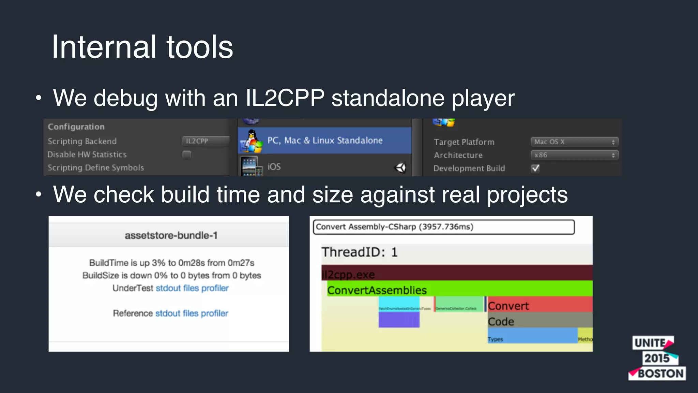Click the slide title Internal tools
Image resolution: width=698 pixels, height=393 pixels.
(x=142, y=47)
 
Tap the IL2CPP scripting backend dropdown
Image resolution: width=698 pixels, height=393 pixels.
(x=206, y=141)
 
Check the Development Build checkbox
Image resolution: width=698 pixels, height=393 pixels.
(x=535, y=168)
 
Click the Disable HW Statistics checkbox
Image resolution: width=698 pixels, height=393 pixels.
(x=187, y=155)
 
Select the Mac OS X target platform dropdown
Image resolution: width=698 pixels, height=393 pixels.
(x=574, y=142)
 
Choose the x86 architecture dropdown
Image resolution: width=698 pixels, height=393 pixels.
(x=574, y=155)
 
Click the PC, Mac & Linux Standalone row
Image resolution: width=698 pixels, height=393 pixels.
(x=324, y=141)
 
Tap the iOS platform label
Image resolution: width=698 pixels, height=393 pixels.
(x=274, y=166)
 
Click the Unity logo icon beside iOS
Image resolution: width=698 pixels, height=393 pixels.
(x=400, y=167)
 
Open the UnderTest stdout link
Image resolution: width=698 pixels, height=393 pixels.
(x=168, y=288)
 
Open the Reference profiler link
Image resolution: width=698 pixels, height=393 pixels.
(x=214, y=313)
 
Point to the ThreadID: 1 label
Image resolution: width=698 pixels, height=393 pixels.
(x=359, y=252)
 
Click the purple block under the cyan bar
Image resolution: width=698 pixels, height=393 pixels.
(x=399, y=320)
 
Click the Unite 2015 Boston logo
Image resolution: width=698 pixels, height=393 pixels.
(x=657, y=358)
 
